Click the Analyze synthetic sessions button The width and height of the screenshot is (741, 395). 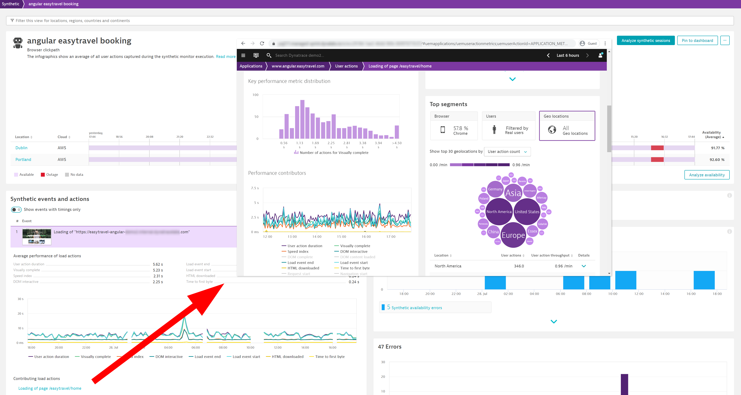(645, 41)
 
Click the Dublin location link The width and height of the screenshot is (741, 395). (21, 148)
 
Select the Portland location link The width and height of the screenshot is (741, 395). (23, 159)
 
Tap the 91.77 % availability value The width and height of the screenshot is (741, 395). (717, 148)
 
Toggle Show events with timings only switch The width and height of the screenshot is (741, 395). (16, 209)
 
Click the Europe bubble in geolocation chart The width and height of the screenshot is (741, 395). (513, 235)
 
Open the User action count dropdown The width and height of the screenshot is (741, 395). (507, 152)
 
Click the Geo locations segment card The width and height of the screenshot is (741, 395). (567, 126)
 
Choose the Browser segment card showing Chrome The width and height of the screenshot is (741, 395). (454, 126)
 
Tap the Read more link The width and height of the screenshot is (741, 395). (225, 57)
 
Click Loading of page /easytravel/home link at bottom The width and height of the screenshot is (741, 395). (50, 388)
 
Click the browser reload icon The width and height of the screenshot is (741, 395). (262, 43)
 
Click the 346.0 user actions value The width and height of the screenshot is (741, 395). (519, 266)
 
